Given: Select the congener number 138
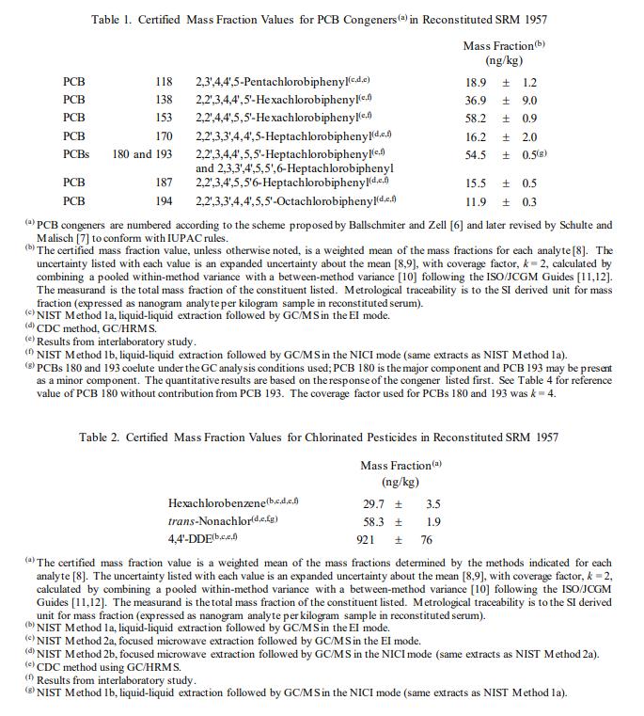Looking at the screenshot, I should [164, 101].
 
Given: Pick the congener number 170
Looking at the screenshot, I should [164, 136].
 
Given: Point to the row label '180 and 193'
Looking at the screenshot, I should [142, 154].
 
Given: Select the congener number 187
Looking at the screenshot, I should [164, 183].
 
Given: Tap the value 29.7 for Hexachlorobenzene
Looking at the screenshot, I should [374, 503].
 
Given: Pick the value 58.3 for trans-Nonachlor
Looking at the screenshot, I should [374, 521].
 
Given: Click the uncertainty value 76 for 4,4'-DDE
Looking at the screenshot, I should [426, 539].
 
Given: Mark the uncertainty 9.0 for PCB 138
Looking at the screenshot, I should [529, 101].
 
